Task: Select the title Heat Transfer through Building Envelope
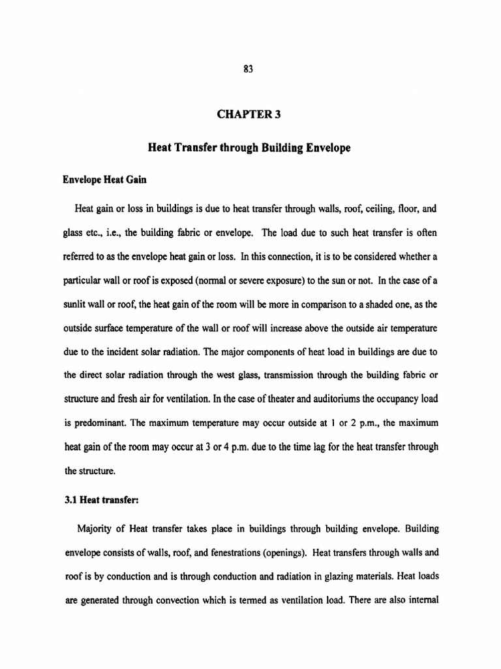[250, 148]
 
